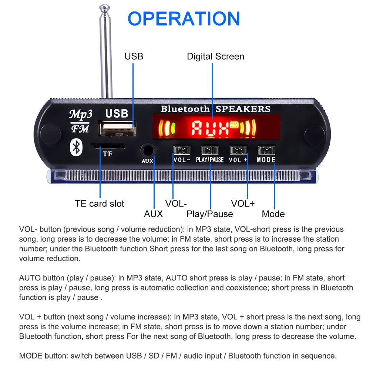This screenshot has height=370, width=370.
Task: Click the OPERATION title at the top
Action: (x=184, y=18)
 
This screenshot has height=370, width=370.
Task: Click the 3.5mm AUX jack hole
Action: (x=148, y=151)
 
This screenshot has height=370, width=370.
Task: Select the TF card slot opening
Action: (x=108, y=147)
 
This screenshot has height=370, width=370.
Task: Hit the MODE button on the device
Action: (x=266, y=151)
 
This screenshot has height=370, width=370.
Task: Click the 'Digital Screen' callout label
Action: (x=215, y=57)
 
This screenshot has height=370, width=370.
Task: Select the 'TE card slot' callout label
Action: (x=100, y=203)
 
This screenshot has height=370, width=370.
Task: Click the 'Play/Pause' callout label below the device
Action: (x=210, y=214)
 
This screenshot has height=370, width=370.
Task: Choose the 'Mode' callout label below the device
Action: (x=273, y=214)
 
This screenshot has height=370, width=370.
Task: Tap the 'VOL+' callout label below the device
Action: (x=243, y=203)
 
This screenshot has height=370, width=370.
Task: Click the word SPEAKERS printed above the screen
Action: (x=243, y=109)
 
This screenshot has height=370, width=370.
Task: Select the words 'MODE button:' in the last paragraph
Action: (x=44, y=356)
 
